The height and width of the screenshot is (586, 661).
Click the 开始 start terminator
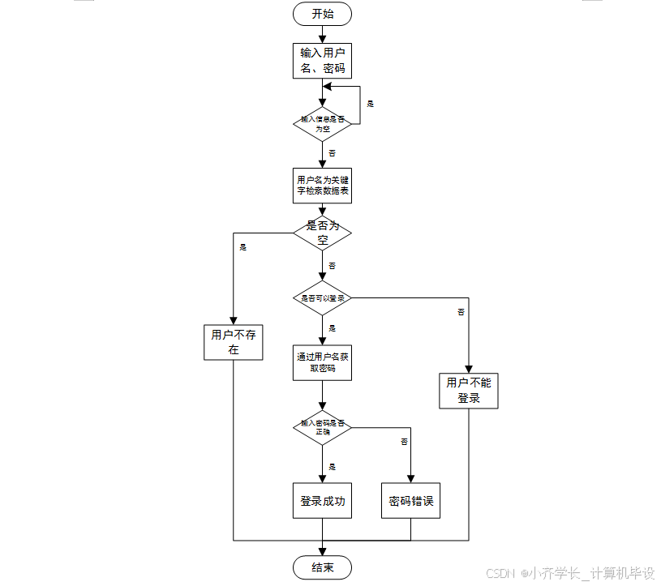click(x=322, y=14)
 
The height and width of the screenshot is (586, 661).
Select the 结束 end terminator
click(x=322, y=567)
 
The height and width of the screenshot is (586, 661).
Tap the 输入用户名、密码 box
click(x=322, y=61)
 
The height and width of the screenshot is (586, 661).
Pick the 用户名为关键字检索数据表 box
click(x=322, y=186)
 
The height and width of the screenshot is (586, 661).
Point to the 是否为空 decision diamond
click(x=322, y=233)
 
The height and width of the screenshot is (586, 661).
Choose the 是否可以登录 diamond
click(x=322, y=298)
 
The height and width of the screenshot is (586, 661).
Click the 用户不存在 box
click(x=233, y=342)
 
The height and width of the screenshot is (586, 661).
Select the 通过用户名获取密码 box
click(x=322, y=362)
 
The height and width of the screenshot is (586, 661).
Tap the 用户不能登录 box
click(x=469, y=391)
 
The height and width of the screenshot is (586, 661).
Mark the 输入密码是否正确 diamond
click(x=322, y=427)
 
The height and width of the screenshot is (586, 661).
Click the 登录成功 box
click(x=322, y=501)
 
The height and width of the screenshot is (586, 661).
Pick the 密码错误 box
click(x=411, y=501)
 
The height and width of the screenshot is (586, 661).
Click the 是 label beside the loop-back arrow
click(x=371, y=104)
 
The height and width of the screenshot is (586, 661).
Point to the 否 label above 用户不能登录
click(x=461, y=312)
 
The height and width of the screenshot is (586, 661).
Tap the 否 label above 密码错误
click(x=404, y=442)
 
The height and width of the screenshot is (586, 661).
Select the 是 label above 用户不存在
click(x=243, y=247)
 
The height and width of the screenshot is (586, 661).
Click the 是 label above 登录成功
click(x=332, y=466)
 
